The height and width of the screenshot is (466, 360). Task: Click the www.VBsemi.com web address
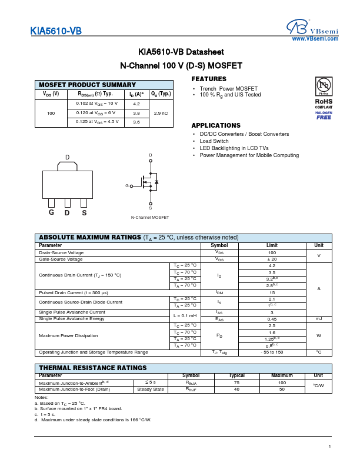point(315,39)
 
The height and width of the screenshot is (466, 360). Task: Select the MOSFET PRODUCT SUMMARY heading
point(86,85)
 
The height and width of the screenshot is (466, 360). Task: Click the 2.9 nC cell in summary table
point(160,112)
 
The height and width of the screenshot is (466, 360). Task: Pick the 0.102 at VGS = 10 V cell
point(96,103)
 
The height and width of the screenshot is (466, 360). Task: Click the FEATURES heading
point(209,79)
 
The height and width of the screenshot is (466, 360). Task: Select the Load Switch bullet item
point(214,141)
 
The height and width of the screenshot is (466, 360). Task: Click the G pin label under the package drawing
point(52,212)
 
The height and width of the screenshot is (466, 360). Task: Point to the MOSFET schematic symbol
point(149,182)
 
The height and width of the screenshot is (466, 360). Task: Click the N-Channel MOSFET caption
point(149,217)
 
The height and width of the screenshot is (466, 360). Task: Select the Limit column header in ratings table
point(272,245)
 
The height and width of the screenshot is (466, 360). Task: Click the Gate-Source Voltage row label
point(69,259)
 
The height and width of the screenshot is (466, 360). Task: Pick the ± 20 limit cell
point(272,259)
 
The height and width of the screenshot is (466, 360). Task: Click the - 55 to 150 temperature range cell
point(272,352)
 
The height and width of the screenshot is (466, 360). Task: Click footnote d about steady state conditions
point(93,420)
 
